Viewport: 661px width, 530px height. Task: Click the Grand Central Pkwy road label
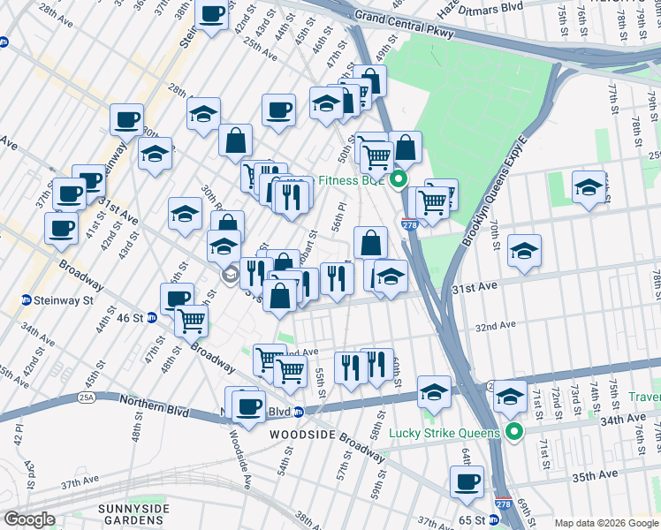coord(404,25)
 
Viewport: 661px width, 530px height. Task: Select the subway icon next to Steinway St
coord(27,300)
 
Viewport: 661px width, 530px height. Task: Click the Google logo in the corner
coord(28,519)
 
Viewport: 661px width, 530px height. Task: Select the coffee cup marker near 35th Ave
coord(467,481)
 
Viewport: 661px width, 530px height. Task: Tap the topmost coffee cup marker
coord(212,14)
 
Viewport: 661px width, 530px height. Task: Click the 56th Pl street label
coord(337,216)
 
